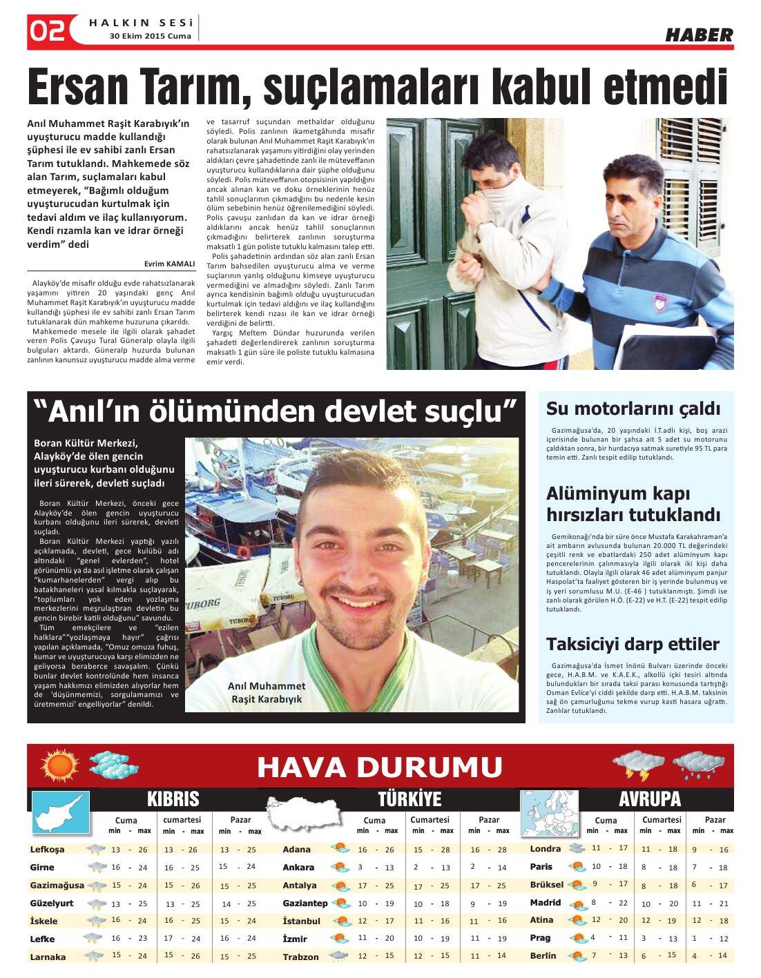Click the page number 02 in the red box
point(48,31)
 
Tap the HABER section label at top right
point(698,35)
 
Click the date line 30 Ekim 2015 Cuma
point(150,37)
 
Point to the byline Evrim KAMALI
point(169,264)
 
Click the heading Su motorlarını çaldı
point(633,409)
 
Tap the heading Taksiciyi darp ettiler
point(633,645)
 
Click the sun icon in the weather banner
point(60,765)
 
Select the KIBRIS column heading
point(173,799)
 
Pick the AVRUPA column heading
point(649,799)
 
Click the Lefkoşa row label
point(47,850)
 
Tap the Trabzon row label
point(300,957)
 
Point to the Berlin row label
point(543,956)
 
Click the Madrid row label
point(545,903)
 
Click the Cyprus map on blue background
point(61,812)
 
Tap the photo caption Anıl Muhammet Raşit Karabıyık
point(267,692)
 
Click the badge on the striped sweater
point(660,302)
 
